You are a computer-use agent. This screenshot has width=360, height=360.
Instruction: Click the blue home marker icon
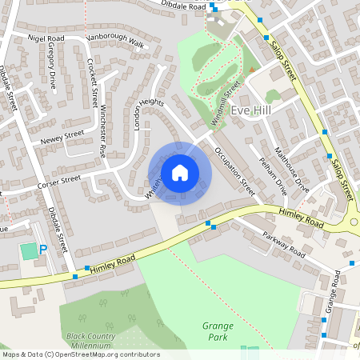tap(180, 173)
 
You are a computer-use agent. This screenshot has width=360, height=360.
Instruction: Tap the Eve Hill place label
tap(252, 111)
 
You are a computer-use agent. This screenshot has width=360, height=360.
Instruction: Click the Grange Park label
tap(218, 331)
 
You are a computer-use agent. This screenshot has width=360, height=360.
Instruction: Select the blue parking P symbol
tap(44, 250)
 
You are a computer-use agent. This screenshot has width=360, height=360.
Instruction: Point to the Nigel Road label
tap(46, 38)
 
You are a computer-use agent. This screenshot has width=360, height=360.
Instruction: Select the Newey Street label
tap(62, 138)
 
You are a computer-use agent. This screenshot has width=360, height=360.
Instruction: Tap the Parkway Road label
tap(286, 246)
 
